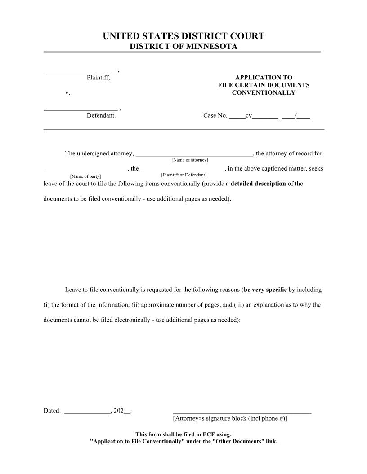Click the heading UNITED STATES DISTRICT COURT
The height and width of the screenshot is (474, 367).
click(183, 36)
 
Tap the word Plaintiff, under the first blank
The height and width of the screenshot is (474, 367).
click(98, 78)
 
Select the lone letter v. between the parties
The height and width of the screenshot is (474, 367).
click(67, 93)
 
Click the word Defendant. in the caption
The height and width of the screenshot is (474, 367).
click(101, 115)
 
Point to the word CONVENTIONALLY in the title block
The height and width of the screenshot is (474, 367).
click(264, 93)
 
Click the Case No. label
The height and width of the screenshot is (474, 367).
click(215, 116)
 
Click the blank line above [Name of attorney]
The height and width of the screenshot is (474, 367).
click(194, 155)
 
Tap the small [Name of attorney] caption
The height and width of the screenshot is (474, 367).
click(190, 160)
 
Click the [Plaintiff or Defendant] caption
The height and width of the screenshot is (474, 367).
click(183, 175)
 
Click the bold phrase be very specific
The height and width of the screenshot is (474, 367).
click(265, 290)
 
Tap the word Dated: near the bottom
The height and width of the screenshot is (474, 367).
click(52, 411)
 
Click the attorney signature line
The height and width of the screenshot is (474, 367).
click(242, 412)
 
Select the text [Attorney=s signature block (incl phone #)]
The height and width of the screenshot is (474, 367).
click(230, 418)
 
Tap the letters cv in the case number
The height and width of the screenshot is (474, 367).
click(248, 116)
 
